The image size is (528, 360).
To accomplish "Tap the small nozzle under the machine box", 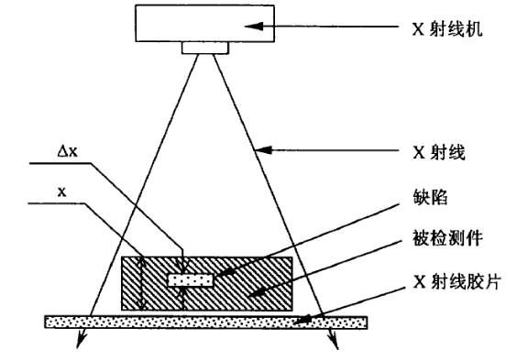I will (198, 48).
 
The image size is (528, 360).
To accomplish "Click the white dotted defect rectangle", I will (190, 278).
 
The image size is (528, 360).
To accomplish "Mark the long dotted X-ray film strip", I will (206, 322).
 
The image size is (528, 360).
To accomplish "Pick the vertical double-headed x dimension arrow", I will (141, 283).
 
